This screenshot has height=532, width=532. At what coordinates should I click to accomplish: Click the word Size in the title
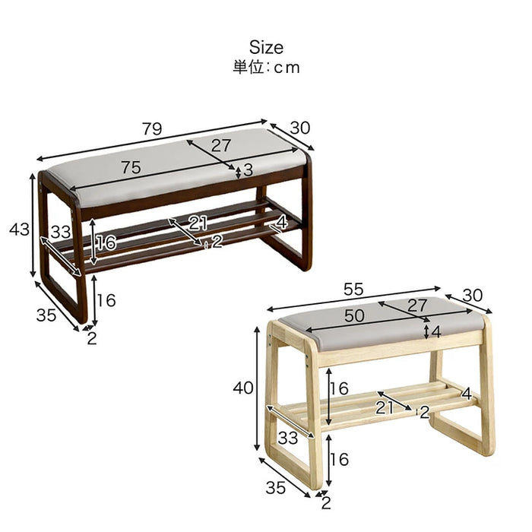pos(266,47)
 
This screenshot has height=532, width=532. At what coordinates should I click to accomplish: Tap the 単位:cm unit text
pos(266,67)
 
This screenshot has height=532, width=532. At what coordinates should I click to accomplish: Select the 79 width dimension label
pos(152,129)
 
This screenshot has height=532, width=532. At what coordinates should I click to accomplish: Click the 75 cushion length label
pos(131,167)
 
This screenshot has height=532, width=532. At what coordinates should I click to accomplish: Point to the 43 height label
pos(19,230)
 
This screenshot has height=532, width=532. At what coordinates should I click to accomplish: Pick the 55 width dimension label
pos(353,290)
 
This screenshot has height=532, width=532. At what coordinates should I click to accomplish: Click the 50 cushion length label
pos(354,315)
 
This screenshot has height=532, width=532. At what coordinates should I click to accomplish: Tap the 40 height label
pos(243,388)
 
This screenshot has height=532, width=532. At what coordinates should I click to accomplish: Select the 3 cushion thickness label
pos(248,170)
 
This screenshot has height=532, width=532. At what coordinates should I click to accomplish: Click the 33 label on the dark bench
pos(61,232)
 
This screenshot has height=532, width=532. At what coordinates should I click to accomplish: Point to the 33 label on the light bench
pos(288,438)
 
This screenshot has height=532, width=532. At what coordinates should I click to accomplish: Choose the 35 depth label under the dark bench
pos(46,315)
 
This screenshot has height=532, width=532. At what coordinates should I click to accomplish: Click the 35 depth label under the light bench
pos(275,488)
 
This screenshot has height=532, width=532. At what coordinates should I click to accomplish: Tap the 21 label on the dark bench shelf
pos(198,223)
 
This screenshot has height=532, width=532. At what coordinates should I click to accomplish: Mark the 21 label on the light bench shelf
pos(384,407)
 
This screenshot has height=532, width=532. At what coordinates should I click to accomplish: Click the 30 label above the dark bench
pos(300,128)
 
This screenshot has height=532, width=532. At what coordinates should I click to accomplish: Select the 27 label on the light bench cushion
pos(417,305)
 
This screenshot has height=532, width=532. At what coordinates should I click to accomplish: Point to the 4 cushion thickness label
pos(436,332)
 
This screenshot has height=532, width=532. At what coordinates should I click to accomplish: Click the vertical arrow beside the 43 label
pos(33,225)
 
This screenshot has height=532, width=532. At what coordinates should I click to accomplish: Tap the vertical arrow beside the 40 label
pos(257,389)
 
